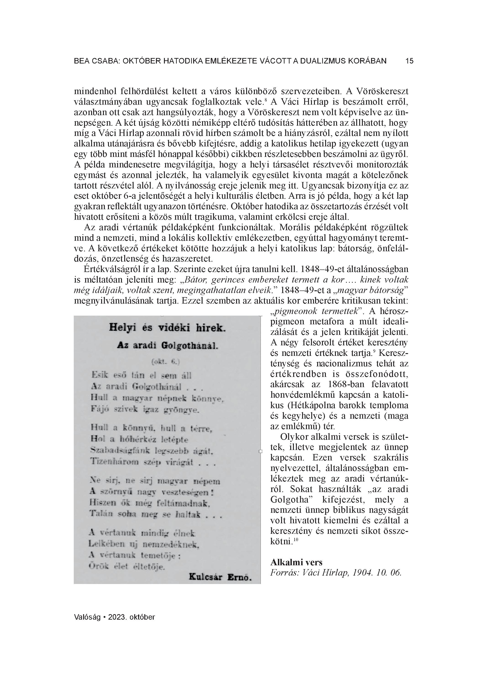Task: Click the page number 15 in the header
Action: coord(409,61)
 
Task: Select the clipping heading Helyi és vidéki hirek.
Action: coord(167,328)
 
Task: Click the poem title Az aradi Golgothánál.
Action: coord(167,345)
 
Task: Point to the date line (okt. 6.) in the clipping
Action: coord(166,362)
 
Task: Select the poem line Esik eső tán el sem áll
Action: coord(142,375)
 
